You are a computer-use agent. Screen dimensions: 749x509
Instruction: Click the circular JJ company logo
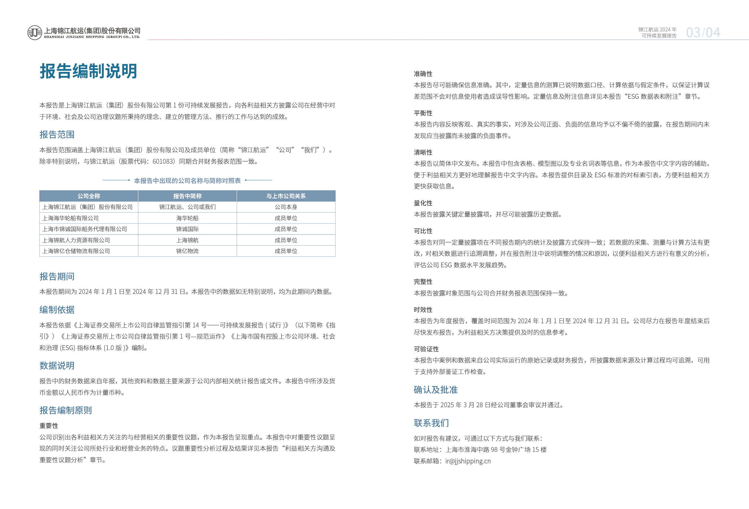pyautogui.click(x=35, y=33)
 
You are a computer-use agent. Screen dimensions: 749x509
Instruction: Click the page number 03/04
pyautogui.click(x=703, y=33)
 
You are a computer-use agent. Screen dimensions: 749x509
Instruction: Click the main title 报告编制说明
pyautogui.click(x=88, y=71)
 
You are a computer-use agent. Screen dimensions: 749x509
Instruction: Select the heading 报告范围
pyautogui.click(x=57, y=134)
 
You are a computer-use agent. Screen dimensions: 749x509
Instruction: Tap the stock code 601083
pyautogui.click(x=163, y=161)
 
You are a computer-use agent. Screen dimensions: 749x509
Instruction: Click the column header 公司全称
pyautogui.click(x=89, y=196)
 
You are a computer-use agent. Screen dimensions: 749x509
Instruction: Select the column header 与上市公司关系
pyautogui.click(x=286, y=196)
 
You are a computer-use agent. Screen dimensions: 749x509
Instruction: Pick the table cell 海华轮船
pyautogui.click(x=187, y=218)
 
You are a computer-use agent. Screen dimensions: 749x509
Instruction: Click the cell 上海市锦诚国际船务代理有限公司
pyautogui.click(x=85, y=229)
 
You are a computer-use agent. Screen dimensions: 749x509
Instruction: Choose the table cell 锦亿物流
pyautogui.click(x=187, y=251)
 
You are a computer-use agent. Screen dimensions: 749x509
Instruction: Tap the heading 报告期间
pyautogui.click(x=57, y=276)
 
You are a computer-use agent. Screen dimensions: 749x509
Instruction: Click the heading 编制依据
pyautogui.click(x=57, y=310)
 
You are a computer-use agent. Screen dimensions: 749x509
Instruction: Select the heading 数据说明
pyautogui.click(x=57, y=366)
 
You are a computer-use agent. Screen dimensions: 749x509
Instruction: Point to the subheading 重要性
pyautogui.click(x=49, y=426)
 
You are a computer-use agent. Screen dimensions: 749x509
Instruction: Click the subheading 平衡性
pyautogui.click(x=423, y=113)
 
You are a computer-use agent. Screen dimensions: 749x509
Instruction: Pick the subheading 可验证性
pyautogui.click(x=426, y=349)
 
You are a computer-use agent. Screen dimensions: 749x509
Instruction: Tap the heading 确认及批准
pyautogui.click(x=436, y=390)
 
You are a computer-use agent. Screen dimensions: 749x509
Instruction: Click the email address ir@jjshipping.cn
pyautogui.click(x=468, y=461)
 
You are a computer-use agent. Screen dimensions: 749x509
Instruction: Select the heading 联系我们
pyautogui.click(x=431, y=423)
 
